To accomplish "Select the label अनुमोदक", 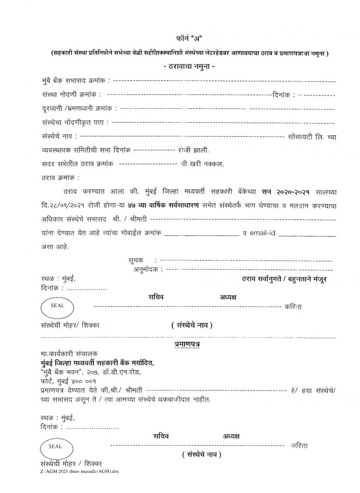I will pyautogui.click(x=146, y=270).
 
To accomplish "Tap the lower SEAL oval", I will pyautogui.click(x=56, y=446).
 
